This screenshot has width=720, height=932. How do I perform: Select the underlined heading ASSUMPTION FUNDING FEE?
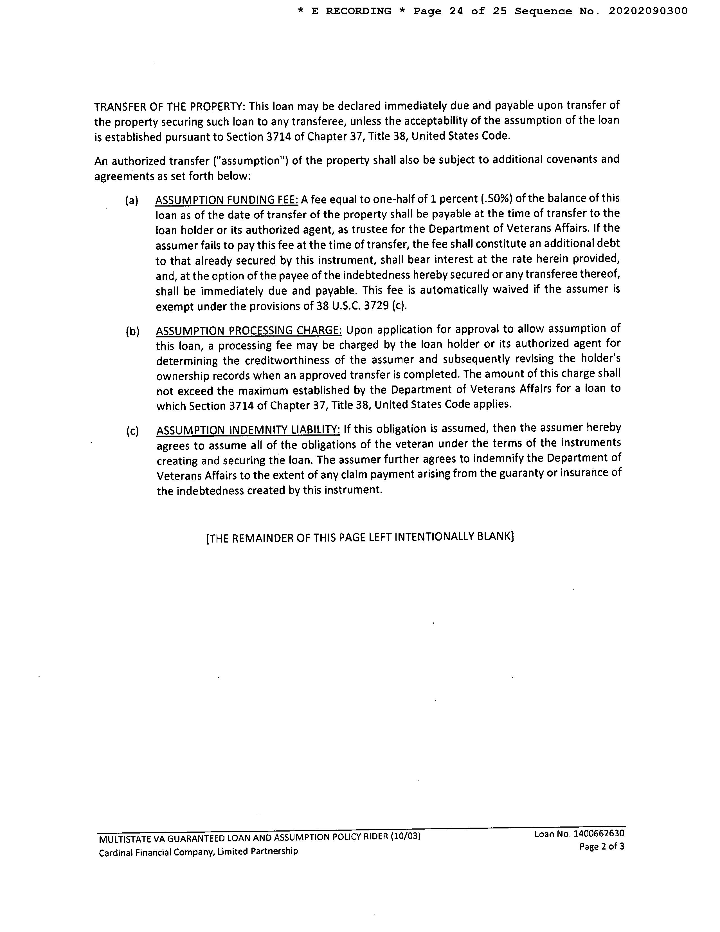coord(226,200)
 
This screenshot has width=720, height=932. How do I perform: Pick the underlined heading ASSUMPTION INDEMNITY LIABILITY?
coord(248,430)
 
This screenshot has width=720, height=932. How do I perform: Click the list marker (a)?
coord(132,201)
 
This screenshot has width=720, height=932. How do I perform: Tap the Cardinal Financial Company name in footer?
coord(198,851)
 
